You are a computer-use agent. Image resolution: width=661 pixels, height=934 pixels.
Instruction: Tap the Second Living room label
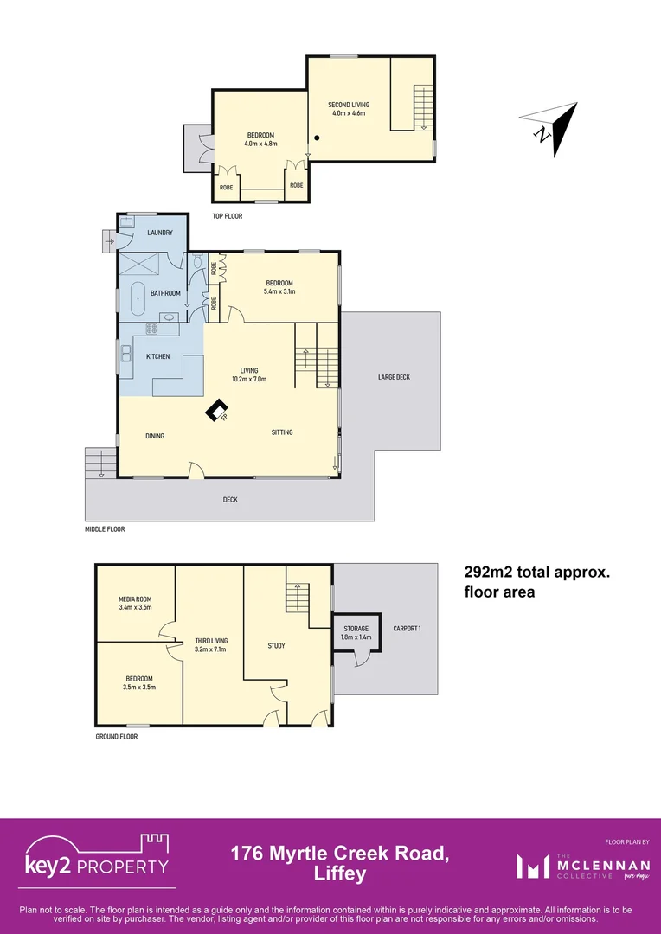pos(348,105)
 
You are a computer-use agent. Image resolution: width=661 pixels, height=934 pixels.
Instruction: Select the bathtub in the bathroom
pos(138,300)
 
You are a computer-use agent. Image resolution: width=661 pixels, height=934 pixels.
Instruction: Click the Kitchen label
pos(157,356)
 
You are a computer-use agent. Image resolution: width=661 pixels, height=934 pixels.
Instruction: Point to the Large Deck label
pos(394,377)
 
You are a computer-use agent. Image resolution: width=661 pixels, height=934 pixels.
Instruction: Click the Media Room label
pos(135,598)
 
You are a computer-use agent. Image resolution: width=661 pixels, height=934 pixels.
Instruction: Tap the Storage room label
pos(356,629)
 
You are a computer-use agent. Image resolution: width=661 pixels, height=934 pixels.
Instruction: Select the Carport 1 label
pos(406,629)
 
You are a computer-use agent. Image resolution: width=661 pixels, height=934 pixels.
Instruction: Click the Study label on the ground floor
pos(276,645)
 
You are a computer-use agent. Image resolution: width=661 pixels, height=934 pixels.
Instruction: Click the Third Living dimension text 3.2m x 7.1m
pos(210,649)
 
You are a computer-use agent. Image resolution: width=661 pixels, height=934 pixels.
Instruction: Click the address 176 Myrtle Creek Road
pos(339,854)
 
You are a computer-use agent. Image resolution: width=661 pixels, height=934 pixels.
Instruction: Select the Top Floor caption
pos(228,215)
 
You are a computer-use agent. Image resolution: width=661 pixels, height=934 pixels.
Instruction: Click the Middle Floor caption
pos(104,529)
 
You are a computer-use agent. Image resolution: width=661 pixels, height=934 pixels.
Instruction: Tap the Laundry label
pos(160,233)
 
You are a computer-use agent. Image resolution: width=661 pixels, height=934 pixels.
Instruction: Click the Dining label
pos(154,436)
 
